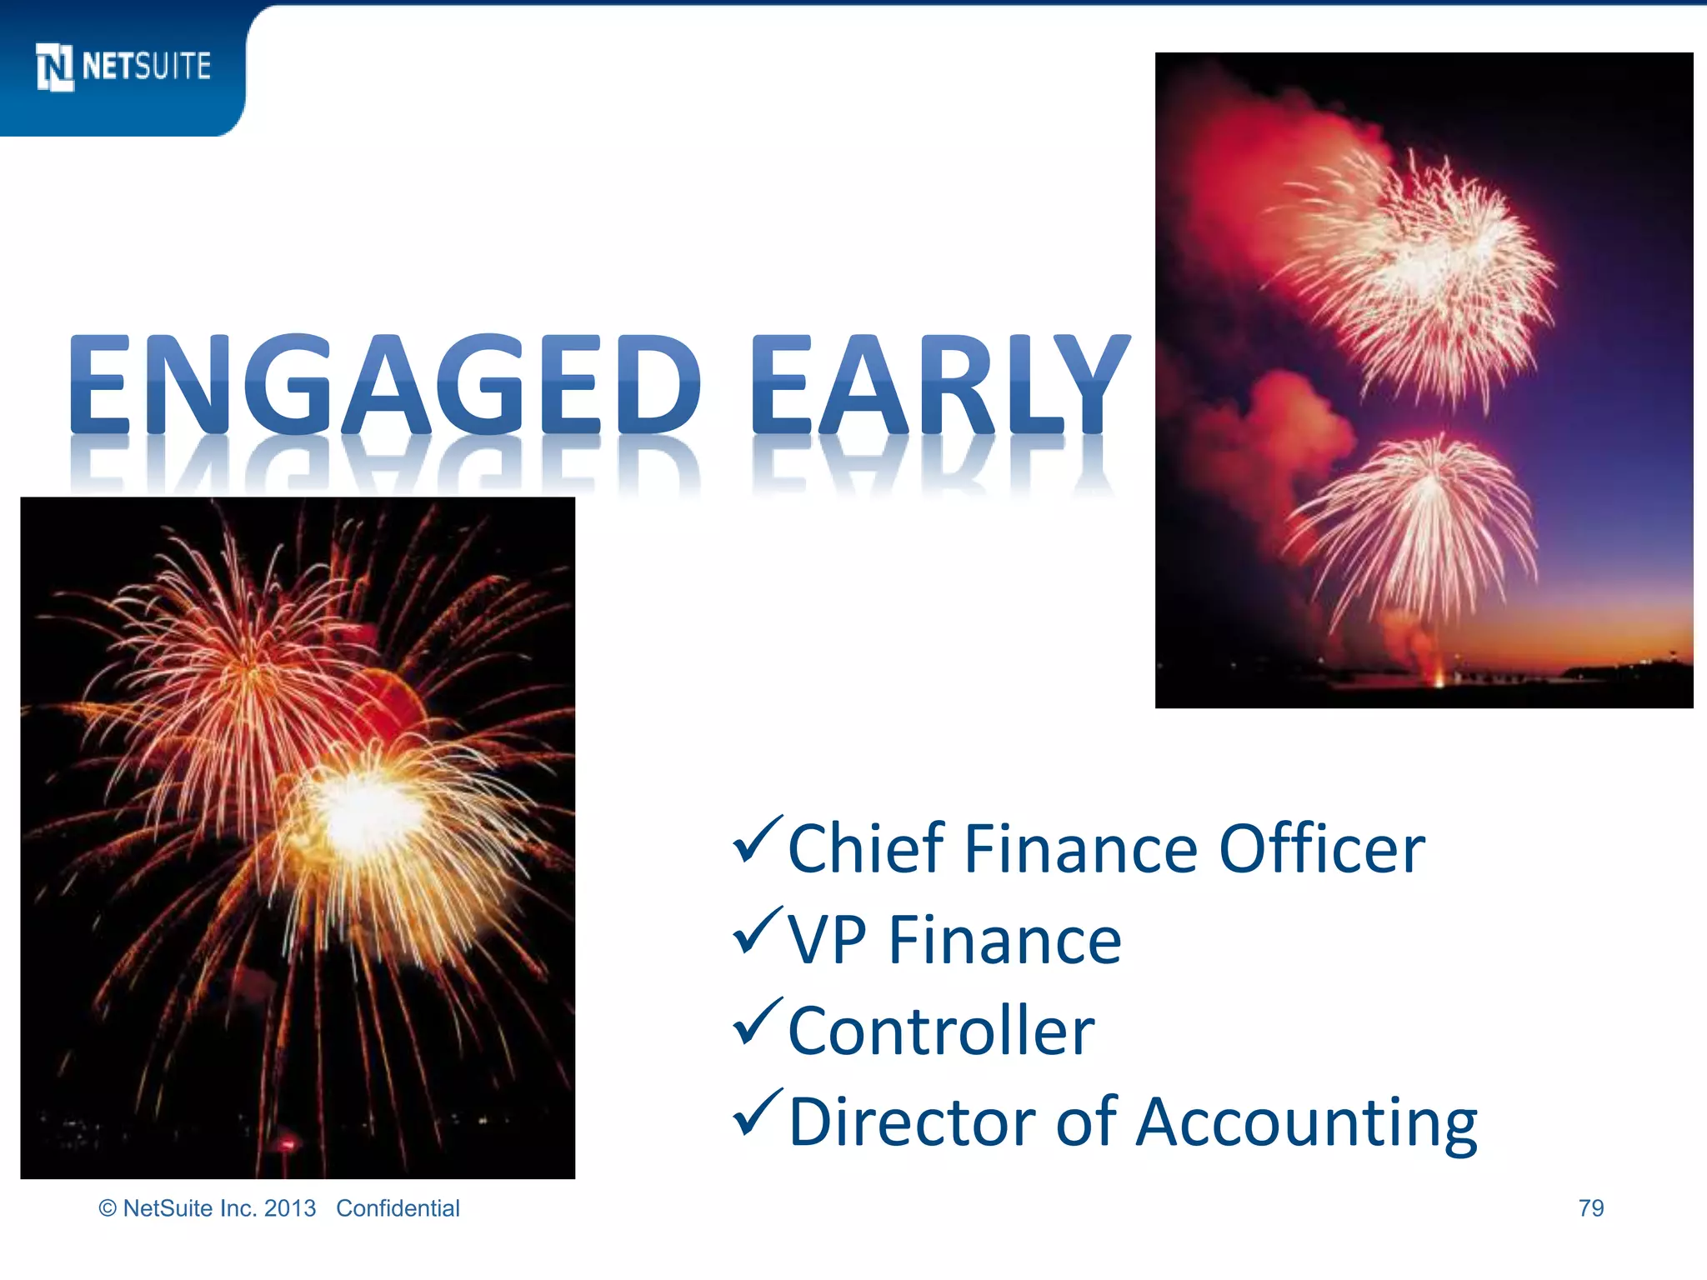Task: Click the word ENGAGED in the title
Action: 385,385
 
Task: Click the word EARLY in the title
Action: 940,385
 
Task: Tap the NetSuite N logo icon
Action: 55,67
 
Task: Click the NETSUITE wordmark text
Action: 147,67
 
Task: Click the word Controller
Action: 941,1031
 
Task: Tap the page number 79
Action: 1590,1207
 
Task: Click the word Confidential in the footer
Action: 398,1208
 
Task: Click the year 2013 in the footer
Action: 290,1208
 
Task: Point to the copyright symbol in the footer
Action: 108,1208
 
